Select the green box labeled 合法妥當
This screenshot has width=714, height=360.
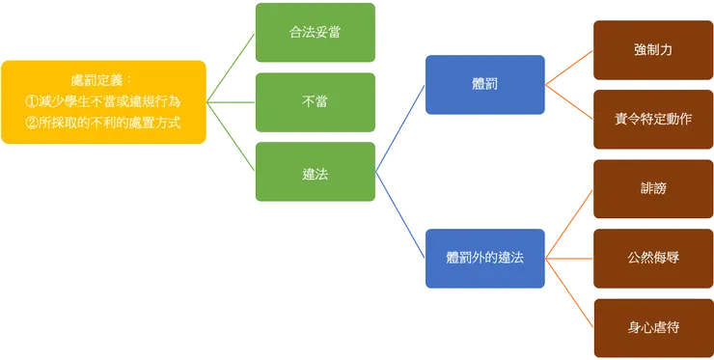tap(314, 33)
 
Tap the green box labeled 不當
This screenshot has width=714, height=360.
tap(314, 102)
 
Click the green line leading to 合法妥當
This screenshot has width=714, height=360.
tap(232, 66)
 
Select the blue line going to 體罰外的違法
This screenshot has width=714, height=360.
tap(401, 217)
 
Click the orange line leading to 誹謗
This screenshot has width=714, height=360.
tap(569, 224)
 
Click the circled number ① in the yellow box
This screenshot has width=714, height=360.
tap(32, 100)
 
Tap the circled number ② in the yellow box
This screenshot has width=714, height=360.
tap(32, 121)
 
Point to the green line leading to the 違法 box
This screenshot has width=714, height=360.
tap(232, 137)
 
